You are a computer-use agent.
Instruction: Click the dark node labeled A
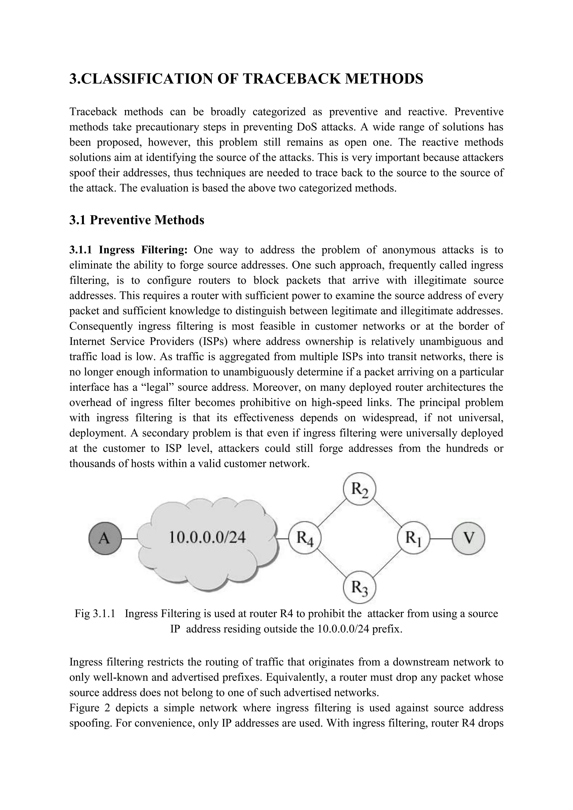(105, 539)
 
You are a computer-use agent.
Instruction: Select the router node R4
(304, 539)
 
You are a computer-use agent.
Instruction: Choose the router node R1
(413, 538)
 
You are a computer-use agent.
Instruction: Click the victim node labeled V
(468, 539)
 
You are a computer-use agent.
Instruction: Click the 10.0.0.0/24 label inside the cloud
(208, 538)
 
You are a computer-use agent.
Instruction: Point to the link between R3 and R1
(387, 563)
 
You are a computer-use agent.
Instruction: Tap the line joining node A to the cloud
(130, 539)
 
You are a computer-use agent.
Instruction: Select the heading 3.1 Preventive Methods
(137, 220)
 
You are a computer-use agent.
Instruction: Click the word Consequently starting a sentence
(100, 326)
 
